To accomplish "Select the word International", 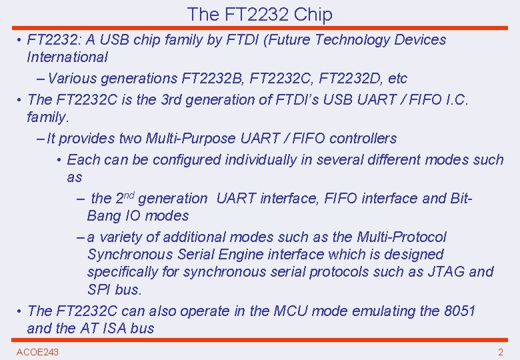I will tap(67, 57).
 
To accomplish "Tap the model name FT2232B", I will tap(211, 79).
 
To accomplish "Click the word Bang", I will tap(103, 216).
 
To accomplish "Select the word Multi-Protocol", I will tap(402, 237).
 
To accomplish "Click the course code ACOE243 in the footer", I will tap(37, 351).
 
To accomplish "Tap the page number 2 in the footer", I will tap(500, 351).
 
